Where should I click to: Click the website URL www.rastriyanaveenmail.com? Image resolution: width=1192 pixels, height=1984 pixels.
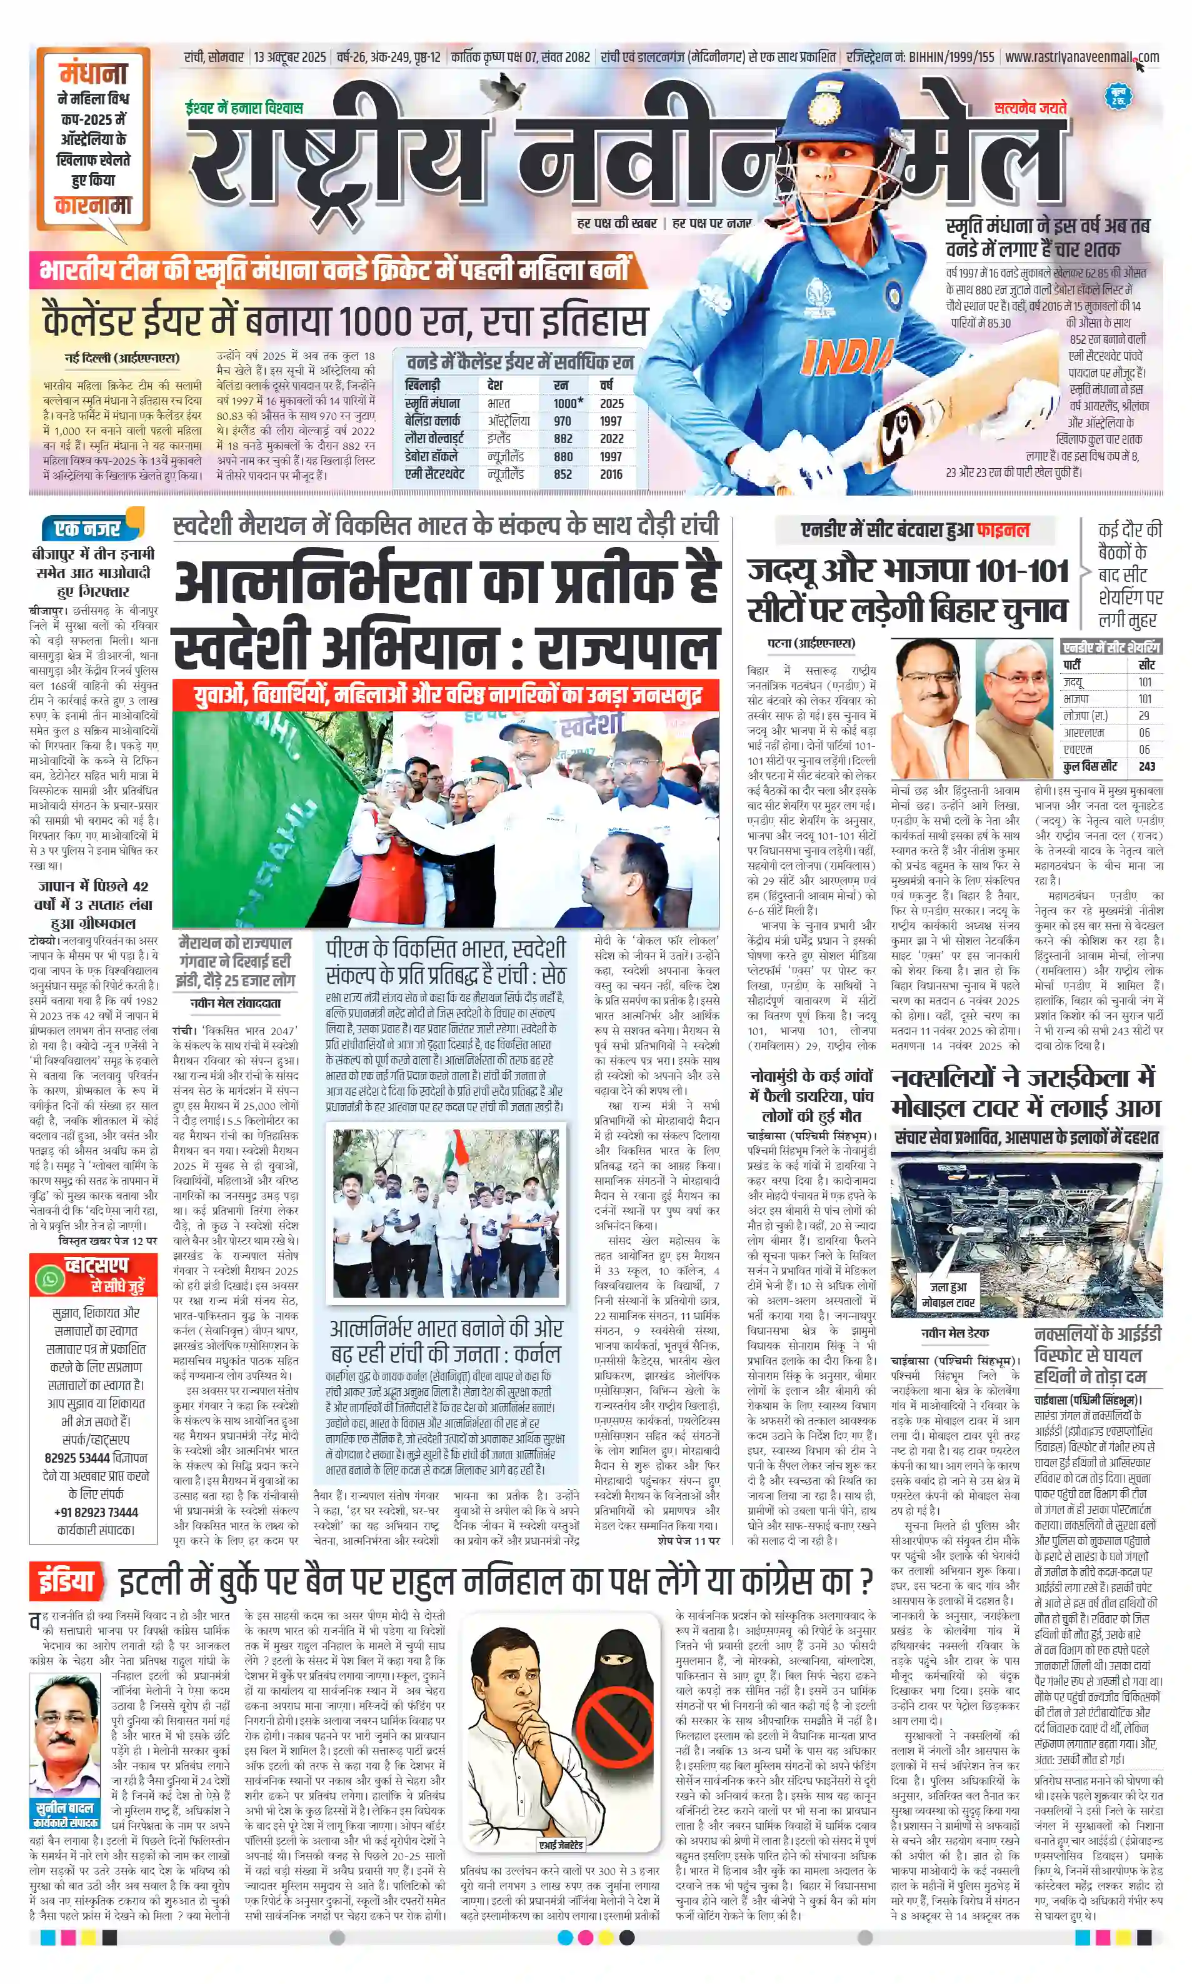pos(1081,57)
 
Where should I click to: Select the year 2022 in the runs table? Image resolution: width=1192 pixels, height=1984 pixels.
pos(611,439)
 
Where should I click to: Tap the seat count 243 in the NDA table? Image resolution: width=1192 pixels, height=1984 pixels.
pos(1147,766)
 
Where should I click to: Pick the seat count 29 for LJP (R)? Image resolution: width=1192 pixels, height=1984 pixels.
pos(1144,716)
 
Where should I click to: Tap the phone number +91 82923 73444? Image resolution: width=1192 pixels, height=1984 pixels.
pos(96,1511)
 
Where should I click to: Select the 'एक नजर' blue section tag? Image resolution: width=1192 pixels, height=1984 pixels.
pos(88,528)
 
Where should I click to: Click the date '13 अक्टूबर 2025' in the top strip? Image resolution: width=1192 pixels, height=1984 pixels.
pos(290,57)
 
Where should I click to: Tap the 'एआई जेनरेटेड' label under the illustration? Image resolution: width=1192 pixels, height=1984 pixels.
pos(561,1845)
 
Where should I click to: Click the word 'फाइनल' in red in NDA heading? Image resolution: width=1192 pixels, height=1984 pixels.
pos(1003,530)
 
